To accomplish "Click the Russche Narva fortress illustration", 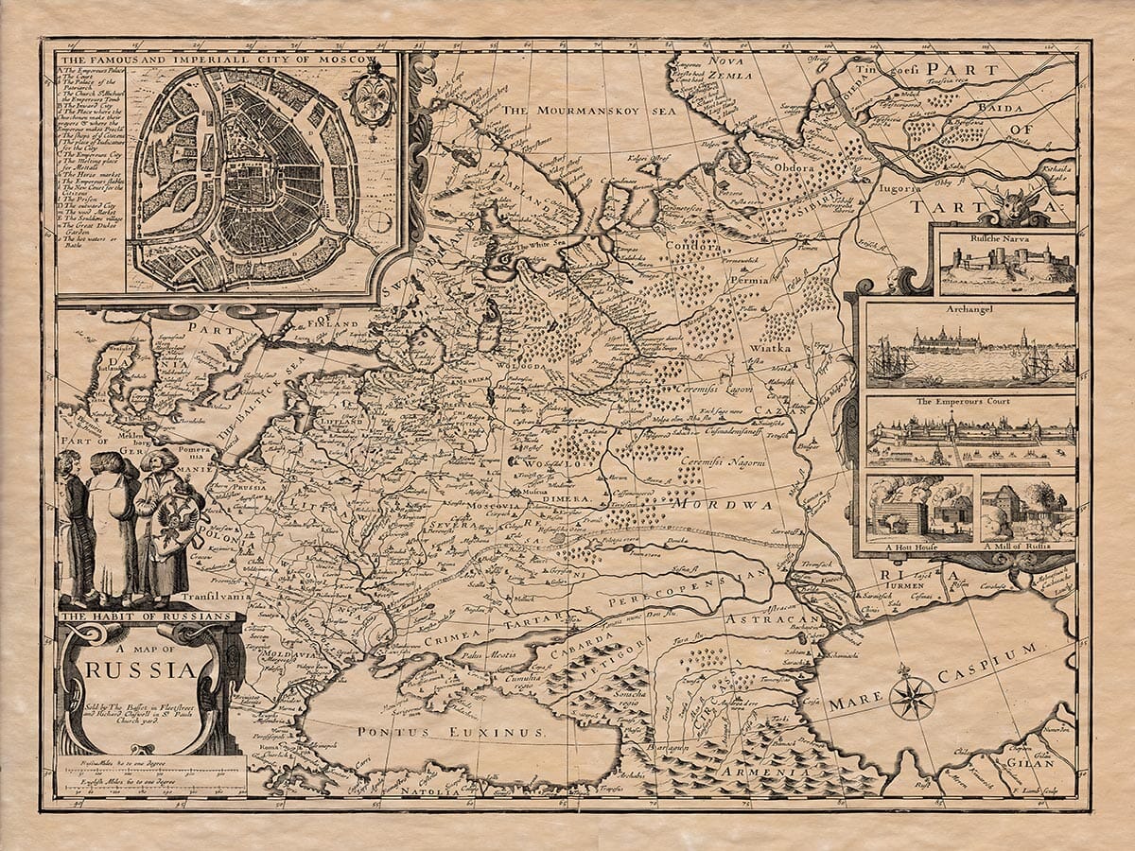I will click(x=1006, y=269).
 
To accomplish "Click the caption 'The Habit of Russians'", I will click(x=146, y=616).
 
